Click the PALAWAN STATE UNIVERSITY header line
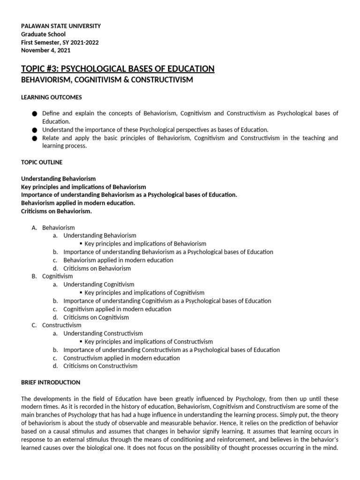pos(61,26)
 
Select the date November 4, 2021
pos(45,51)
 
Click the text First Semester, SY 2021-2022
pos(60,43)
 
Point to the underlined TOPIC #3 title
pos(118,69)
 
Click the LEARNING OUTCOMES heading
pos(52,97)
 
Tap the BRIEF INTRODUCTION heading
pos(51,382)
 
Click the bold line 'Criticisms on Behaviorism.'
pos(56,211)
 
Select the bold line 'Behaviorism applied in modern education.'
pos(78,203)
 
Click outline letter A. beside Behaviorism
pos(34,227)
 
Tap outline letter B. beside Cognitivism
pos(34,276)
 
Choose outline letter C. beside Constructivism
pos(34,325)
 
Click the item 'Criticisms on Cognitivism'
pos(96,317)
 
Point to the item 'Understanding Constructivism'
pos(104,333)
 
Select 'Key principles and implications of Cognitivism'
pos(144,292)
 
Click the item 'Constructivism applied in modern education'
pos(121,358)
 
